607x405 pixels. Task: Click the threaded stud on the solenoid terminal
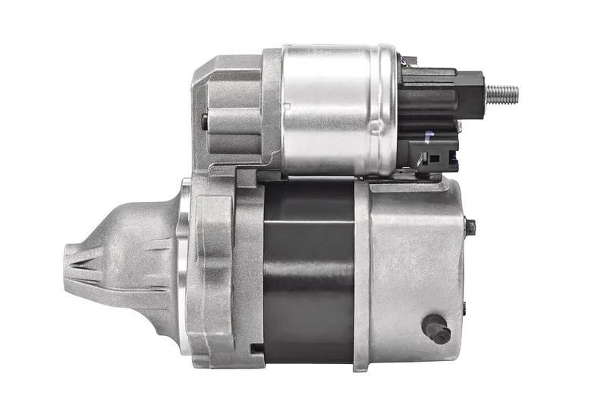[502, 94]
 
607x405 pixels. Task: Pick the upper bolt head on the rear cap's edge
[470, 226]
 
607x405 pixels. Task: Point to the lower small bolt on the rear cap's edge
[465, 308]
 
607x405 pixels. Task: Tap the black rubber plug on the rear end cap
[436, 328]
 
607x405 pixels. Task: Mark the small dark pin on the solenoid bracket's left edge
[204, 119]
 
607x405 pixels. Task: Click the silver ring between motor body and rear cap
[362, 274]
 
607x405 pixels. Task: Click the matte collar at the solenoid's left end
[272, 110]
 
